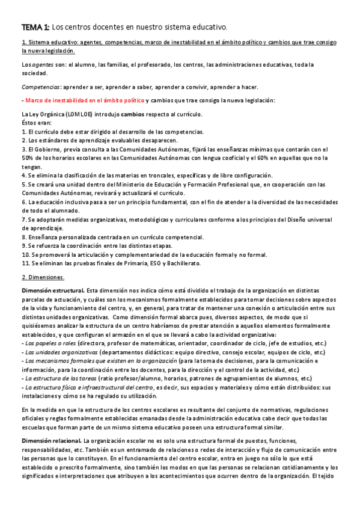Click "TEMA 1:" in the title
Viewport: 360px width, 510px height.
tap(35, 27)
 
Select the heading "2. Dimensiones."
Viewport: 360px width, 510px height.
tap(43, 277)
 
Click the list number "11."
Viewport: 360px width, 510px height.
tap(25, 263)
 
